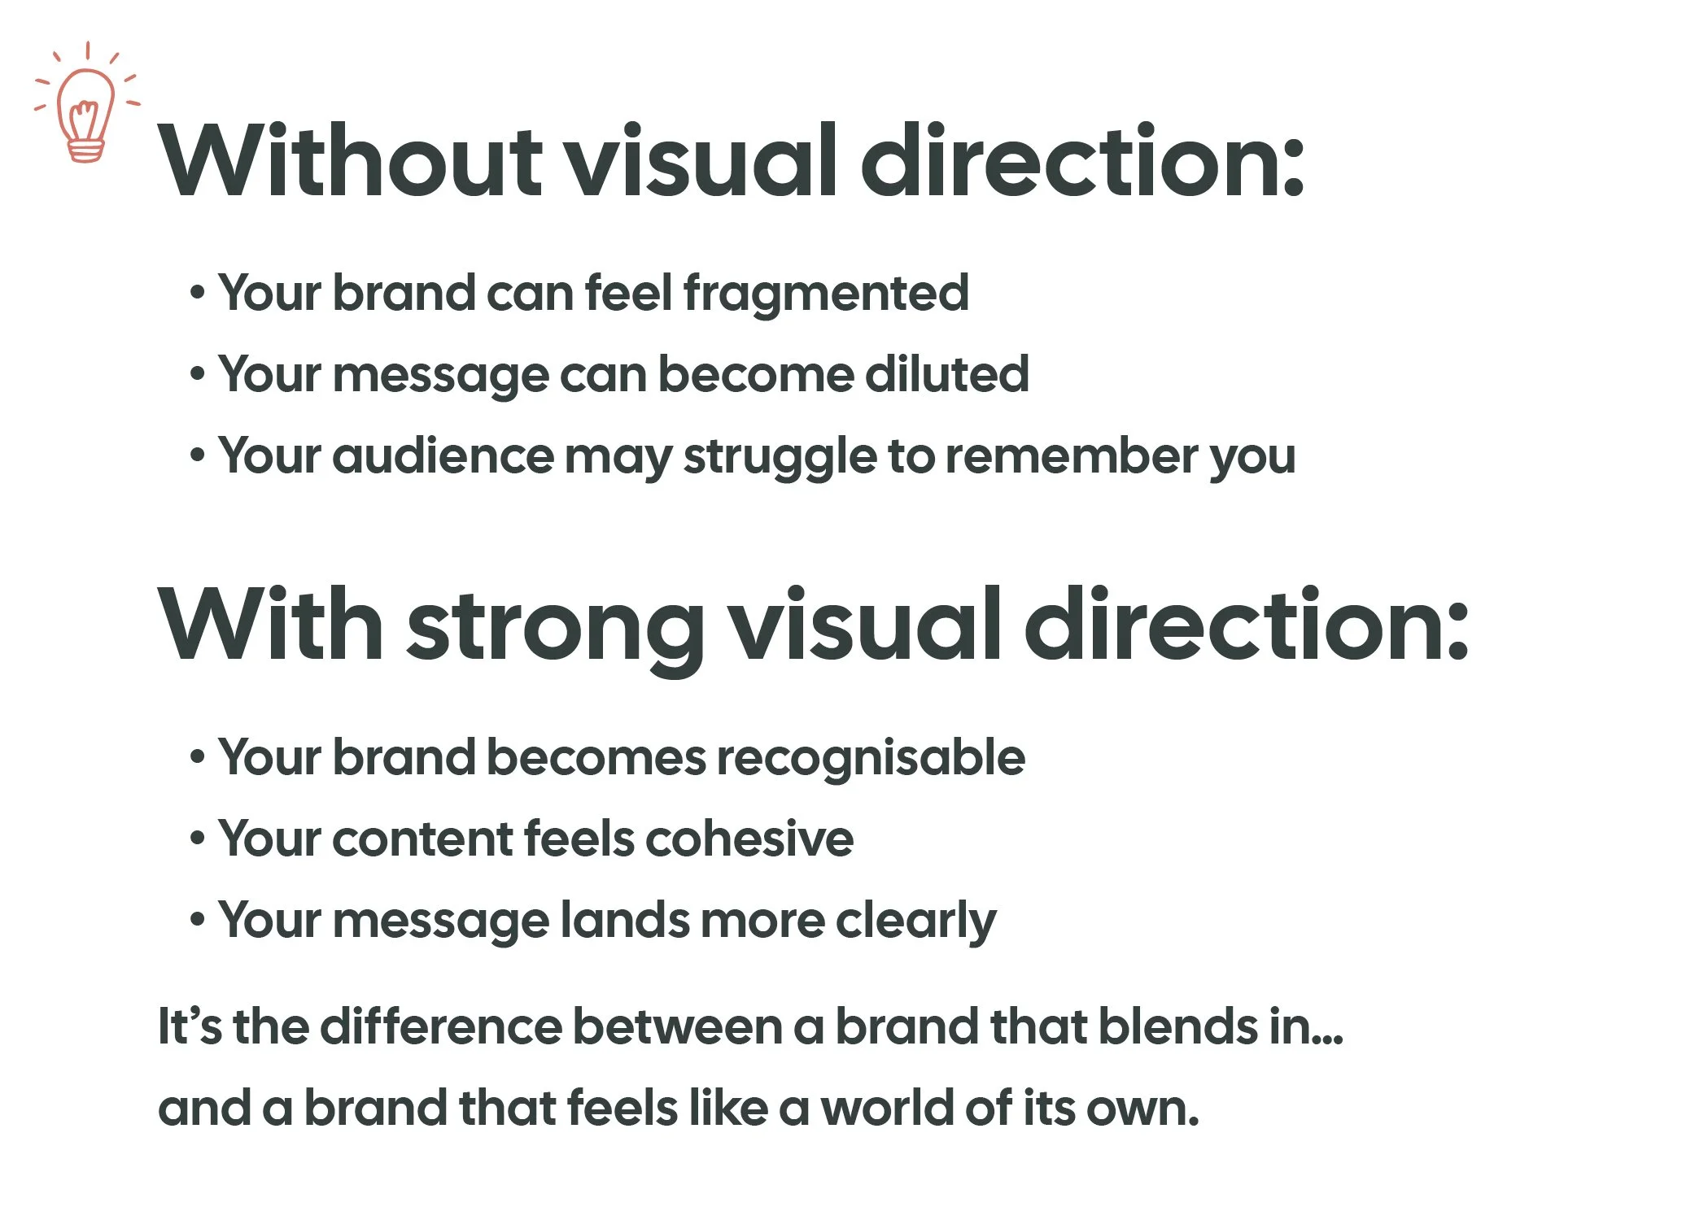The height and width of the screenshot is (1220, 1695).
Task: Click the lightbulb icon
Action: (86, 105)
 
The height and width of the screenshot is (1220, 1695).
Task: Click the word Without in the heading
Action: (350, 161)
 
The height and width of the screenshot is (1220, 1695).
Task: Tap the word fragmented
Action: (826, 294)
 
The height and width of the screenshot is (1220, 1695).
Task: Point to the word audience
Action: (443, 456)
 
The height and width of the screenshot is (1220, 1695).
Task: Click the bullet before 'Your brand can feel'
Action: (197, 293)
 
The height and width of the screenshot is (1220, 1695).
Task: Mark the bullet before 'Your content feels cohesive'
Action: (197, 839)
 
